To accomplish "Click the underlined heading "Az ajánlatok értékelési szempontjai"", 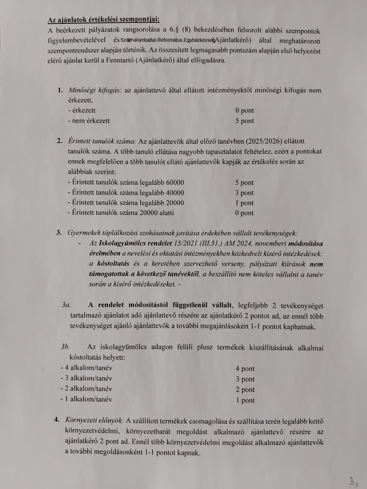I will point(104,20).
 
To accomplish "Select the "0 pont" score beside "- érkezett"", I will point(244,111).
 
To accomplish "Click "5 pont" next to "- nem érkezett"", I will point(244,121).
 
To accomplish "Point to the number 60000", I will point(171,183).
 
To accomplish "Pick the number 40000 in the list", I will point(171,193).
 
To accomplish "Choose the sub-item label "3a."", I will point(66,305).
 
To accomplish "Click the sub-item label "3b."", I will point(66,347).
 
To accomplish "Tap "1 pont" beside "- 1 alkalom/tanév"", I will point(245,400).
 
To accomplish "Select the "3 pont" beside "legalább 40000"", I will point(244,193).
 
